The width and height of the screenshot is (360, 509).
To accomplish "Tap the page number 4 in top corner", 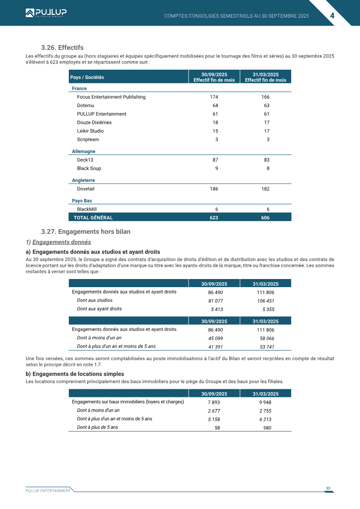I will (x=332, y=15).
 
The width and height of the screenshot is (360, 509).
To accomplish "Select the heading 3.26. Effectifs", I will (x=62, y=48).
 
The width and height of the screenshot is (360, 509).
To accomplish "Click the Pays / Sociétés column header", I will (x=87, y=77).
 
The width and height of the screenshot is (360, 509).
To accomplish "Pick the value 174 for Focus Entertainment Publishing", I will (x=214, y=97).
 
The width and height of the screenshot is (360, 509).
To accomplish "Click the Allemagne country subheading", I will (x=84, y=152).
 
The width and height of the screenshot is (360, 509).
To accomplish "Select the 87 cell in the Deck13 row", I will (x=215, y=160).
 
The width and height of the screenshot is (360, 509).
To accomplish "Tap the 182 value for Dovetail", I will (x=265, y=189).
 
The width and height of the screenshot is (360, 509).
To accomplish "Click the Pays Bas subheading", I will (x=82, y=201).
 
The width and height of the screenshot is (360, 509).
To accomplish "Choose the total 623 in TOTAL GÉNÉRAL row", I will (x=214, y=217).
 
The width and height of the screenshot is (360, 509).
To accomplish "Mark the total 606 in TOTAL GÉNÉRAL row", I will (x=265, y=217).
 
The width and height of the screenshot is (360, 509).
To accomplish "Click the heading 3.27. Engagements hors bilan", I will (x=85, y=232).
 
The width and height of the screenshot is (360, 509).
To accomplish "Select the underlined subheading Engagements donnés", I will (x=62, y=242).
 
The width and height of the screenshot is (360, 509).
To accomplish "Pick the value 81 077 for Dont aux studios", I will (x=216, y=301).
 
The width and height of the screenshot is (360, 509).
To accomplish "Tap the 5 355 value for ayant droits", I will (x=268, y=310).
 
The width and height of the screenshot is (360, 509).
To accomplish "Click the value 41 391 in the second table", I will (x=216, y=347).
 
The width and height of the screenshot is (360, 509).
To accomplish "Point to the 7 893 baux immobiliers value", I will (x=214, y=402).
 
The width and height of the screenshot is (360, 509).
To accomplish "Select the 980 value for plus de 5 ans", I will (x=267, y=428).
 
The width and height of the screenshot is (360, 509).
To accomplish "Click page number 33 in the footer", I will (x=328, y=488).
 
